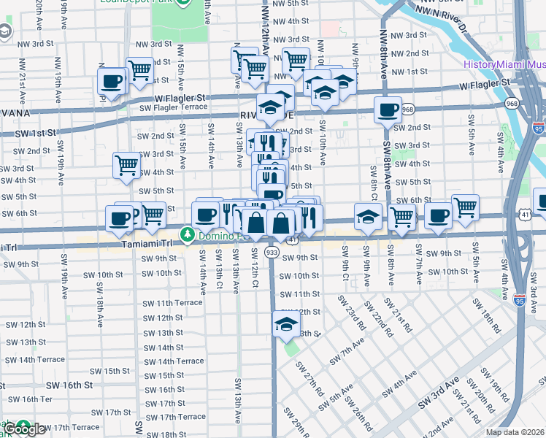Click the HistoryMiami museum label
[504, 64]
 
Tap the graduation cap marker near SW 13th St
[287, 323]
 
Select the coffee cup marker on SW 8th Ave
[387, 109]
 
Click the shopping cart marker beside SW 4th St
[127, 165]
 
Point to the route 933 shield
[272, 252]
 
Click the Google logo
[24, 429]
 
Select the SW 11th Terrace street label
[172, 303]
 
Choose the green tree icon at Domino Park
[188, 234]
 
